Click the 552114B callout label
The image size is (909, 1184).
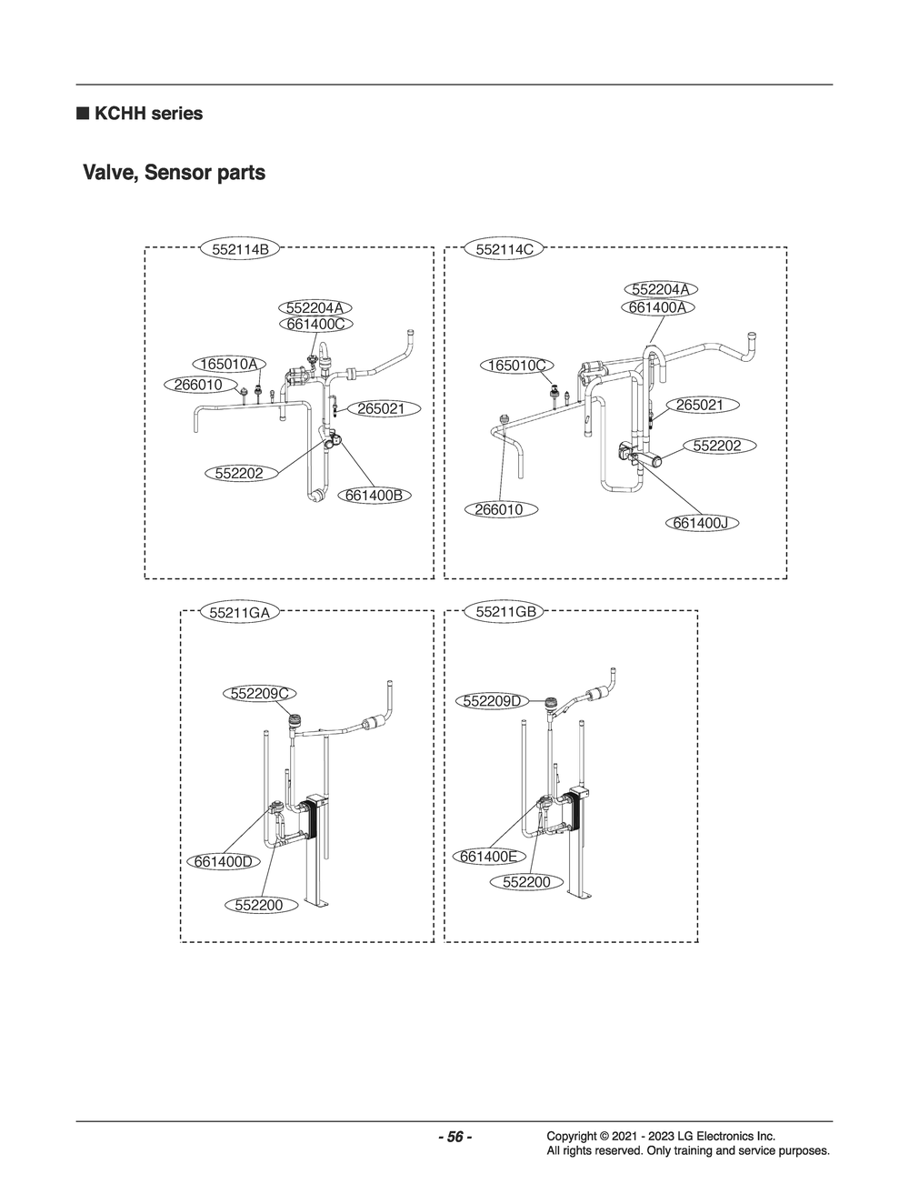point(240,249)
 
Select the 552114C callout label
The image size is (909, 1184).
point(504,249)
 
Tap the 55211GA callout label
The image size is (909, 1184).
point(240,612)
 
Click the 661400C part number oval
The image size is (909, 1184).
point(316,325)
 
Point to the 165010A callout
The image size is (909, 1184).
point(229,364)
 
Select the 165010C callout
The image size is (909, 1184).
point(517,365)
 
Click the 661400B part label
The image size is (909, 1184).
point(374,496)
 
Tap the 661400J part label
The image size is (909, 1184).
point(702,523)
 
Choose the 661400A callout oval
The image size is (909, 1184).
point(658,307)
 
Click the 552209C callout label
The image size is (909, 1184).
point(260,694)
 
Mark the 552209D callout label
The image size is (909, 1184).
point(493,701)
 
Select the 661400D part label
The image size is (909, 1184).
point(224,862)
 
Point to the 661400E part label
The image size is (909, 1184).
point(488,857)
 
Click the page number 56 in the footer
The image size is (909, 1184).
point(454,1137)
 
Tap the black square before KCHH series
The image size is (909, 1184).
point(82,114)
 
